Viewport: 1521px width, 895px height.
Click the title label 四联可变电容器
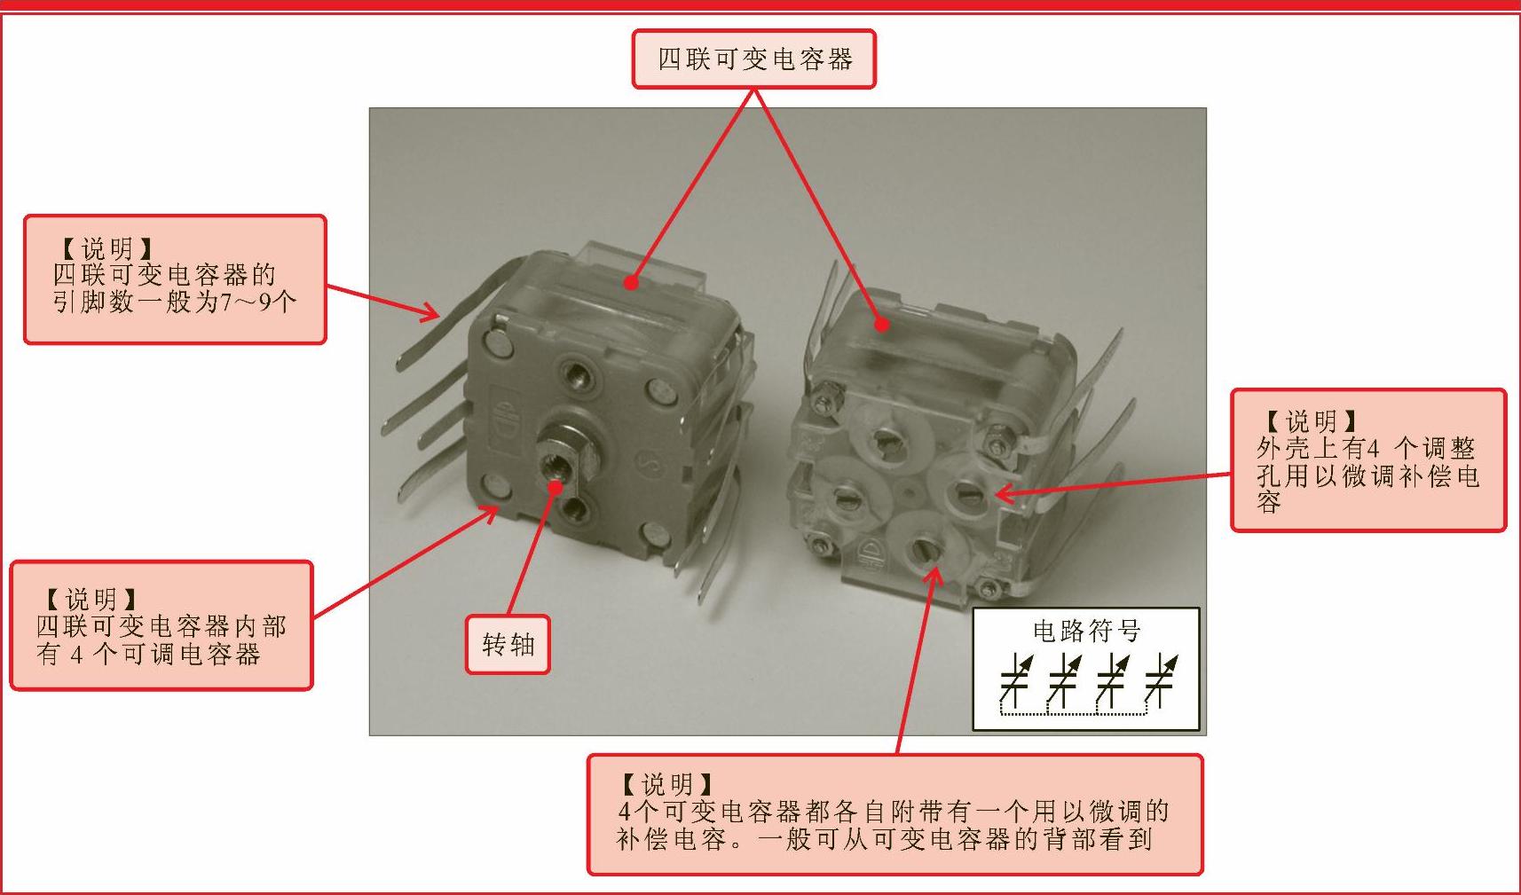click(x=753, y=59)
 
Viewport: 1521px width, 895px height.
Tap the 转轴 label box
click(x=508, y=644)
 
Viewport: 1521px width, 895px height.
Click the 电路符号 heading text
click(x=1086, y=631)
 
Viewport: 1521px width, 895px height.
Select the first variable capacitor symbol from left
click(x=1015, y=680)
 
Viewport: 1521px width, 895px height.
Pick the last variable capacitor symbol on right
click(x=1161, y=680)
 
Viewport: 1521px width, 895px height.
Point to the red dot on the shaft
click(x=556, y=486)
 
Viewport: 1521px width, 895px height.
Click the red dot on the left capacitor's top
click(x=632, y=282)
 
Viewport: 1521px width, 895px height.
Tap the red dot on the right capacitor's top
click(x=881, y=325)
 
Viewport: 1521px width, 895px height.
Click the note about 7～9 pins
click(x=175, y=279)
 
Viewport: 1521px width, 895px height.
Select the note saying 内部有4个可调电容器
click(x=162, y=625)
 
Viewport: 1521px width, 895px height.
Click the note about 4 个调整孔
click(x=1368, y=460)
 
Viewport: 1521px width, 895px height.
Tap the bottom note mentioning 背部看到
click(x=895, y=814)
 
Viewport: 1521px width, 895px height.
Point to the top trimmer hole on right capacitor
click(x=887, y=437)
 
